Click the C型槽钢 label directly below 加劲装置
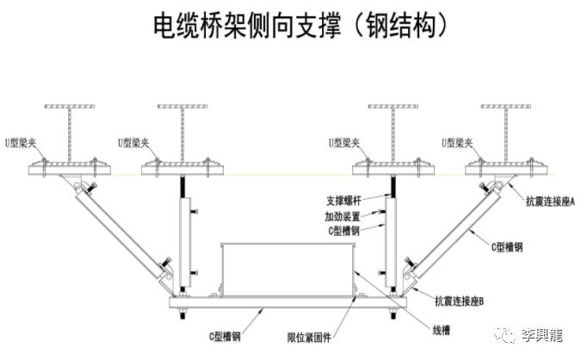click(x=343, y=230)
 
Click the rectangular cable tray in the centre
click(x=287, y=270)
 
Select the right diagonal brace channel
click(x=456, y=228)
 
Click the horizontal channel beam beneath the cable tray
click(x=288, y=308)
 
